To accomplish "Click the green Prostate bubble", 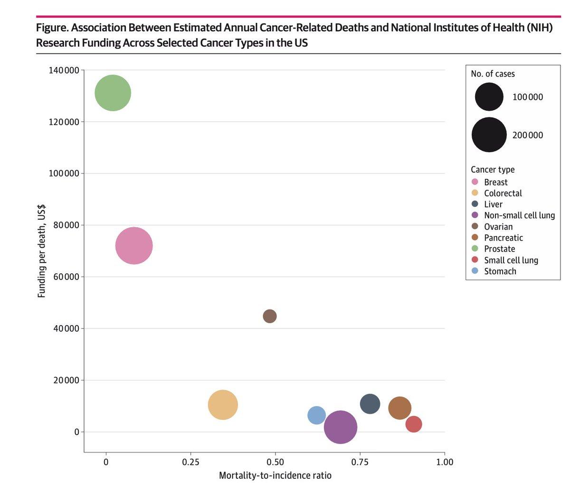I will coord(113,93).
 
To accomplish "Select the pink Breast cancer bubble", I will coord(134,246).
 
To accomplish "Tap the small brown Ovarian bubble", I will coord(270,316).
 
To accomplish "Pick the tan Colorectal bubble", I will coord(223,405).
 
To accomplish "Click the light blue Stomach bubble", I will coord(317,415).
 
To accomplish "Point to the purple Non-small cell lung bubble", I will coord(341,427).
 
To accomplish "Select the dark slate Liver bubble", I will coord(370,404).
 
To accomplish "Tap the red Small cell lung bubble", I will coord(414,424).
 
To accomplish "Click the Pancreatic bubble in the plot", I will coord(399,408).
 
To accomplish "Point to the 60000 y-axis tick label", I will coord(66,277).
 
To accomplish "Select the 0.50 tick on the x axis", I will coord(275,462).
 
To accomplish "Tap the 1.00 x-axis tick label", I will coord(444,462).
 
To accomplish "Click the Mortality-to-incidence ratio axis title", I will coord(275,475).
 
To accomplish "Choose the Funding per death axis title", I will coord(42,251).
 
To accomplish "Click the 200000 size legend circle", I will coord(489,135).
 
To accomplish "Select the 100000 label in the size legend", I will coord(527,97).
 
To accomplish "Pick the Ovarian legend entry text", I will coord(498,227).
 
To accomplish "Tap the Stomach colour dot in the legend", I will coord(475,271).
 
